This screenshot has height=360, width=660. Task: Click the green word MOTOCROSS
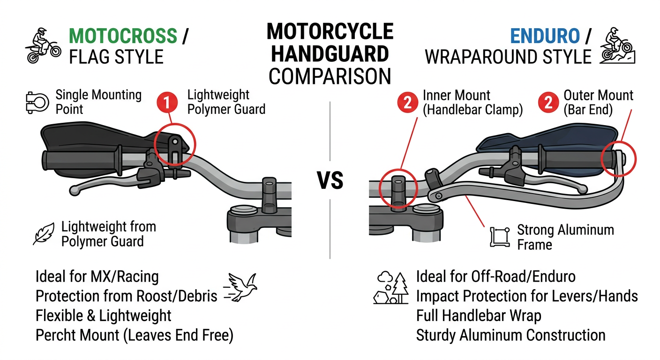point(123,36)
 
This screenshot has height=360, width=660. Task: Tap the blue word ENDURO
point(545,36)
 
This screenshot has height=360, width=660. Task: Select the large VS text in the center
point(330,180)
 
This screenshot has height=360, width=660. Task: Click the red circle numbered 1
point(167,102)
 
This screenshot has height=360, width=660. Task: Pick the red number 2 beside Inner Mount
point(407,102)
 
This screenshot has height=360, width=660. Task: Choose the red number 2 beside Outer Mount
point(548,102)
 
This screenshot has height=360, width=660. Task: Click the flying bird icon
point(240,287)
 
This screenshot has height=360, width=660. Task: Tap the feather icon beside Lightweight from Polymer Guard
point(44,233)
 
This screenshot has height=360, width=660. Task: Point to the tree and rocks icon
point(390,288)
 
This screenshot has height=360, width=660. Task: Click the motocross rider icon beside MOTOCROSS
point(43,45)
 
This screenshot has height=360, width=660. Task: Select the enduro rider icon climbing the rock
point(617,45)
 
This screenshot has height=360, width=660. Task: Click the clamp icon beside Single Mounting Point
point(37,103)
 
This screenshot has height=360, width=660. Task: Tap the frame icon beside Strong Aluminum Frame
point(500,237)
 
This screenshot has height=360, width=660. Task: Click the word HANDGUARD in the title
point(330,54)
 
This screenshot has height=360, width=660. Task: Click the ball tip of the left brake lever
point(75,190)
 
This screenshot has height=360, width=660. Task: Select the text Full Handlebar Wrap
point(479,316)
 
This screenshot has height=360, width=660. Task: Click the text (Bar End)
point(588,110)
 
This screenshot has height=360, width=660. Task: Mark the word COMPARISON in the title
point(330,76)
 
